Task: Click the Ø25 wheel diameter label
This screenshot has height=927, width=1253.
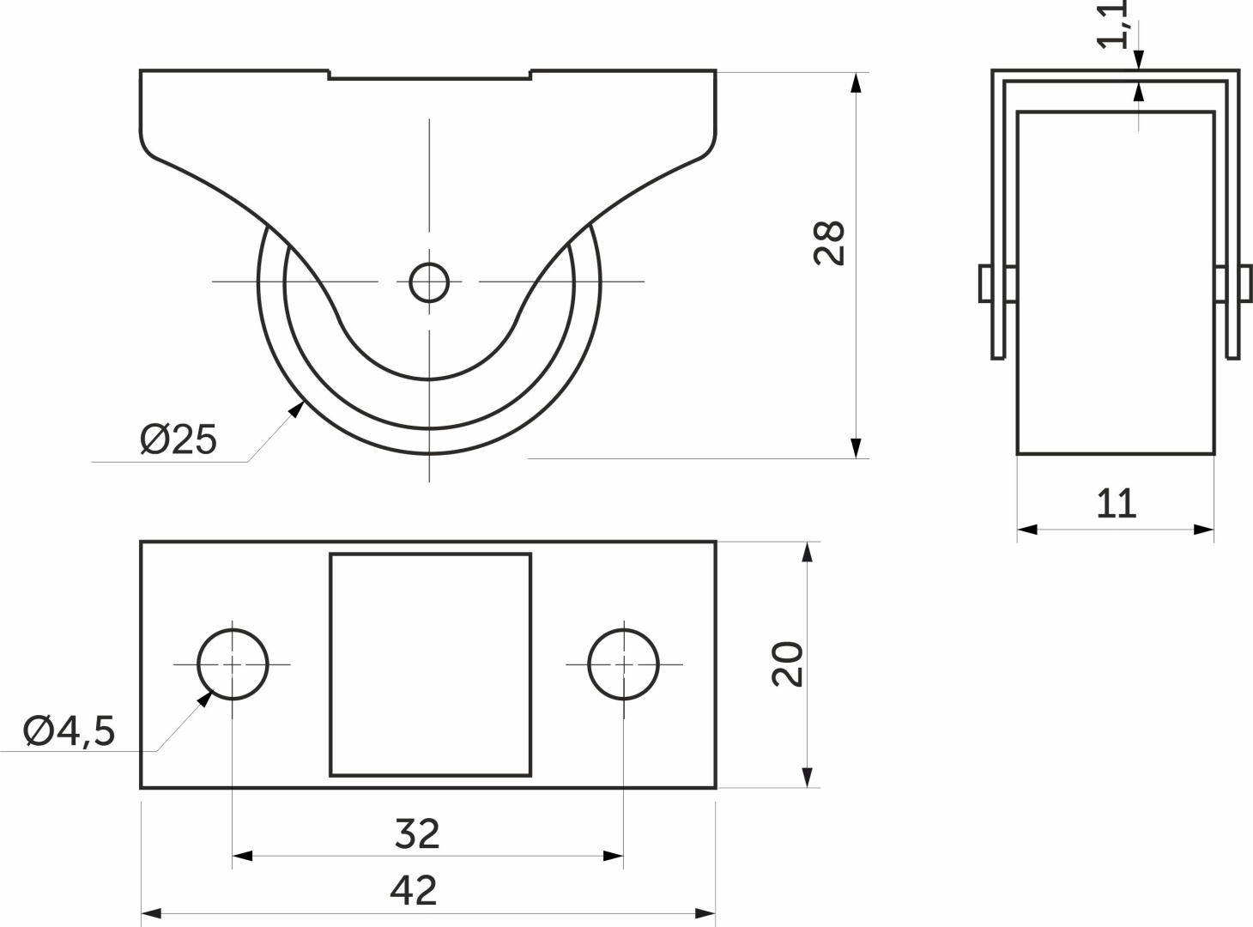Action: tap(178, 439)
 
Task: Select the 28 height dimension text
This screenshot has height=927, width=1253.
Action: tap(829, 243)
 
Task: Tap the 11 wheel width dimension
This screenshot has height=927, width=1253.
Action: tap(1117, 503)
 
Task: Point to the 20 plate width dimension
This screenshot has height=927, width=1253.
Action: tap(788, 664)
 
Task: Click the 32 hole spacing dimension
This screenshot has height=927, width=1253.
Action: tap(417, 833)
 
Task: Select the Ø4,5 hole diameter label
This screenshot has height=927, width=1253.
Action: tap(70, 730)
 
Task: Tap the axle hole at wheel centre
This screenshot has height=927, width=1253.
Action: tap(429, 282)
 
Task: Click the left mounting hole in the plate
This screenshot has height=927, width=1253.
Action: tap(233, 664)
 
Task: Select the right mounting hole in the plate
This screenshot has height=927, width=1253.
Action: tap(624, 664)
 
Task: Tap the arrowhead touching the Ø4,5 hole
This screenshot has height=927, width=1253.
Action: tap(204, 699)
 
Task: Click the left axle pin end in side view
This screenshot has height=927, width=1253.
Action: tap(985, 282)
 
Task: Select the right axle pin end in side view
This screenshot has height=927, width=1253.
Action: tap(1245, 282)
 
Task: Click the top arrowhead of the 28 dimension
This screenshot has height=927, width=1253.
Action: tap(857, 82)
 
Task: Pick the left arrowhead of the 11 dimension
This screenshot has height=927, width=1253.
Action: tap(1027, 530)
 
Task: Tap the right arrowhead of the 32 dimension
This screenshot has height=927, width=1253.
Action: tap(613, 856)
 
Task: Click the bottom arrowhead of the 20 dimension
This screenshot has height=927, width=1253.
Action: tap(808, 778)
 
